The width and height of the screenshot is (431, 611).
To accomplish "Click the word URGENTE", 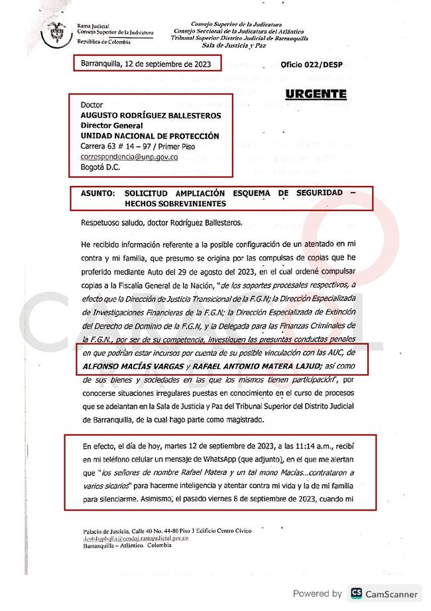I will pos(316,94).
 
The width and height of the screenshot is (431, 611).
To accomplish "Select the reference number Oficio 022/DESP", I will pos(307,66).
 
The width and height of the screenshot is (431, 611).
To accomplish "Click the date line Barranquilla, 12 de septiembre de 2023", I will pos(145,63).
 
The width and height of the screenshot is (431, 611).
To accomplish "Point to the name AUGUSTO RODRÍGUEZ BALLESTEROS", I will pos(151,115).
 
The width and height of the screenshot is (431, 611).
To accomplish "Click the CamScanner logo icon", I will pos(357,593).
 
